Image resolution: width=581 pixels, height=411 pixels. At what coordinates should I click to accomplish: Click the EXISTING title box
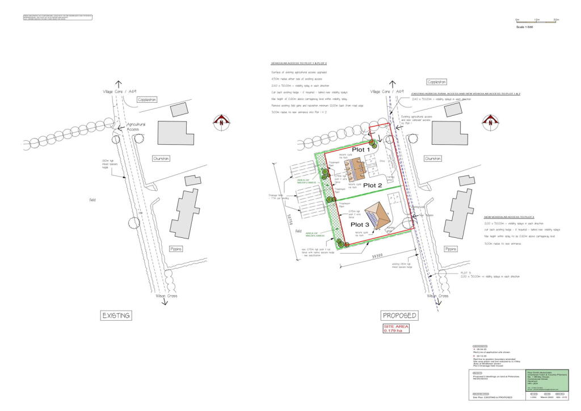tap(115, 315)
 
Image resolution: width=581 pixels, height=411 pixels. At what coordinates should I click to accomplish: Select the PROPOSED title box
tap(399, 315)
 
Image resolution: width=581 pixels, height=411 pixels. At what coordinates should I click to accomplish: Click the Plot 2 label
tap(374, 185)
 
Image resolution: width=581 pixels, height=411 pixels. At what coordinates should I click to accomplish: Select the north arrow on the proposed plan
tap(490, 121)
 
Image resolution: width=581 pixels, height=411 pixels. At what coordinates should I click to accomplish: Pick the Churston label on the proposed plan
tap(433, 158)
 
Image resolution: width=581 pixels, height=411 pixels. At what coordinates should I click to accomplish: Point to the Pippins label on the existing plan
tap(176, 249)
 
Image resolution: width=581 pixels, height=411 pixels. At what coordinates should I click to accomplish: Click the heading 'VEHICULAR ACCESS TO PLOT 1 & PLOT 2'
tap(298, 63)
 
